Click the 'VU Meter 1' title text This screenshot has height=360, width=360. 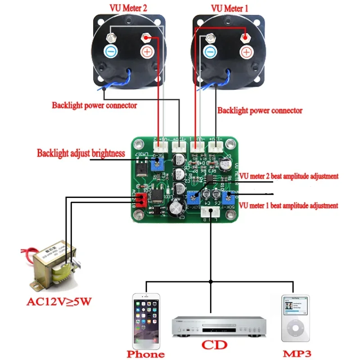pyautogui.click(x=229, y=8)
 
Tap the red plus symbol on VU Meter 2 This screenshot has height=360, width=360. pyautogui.click(x=147, y=51)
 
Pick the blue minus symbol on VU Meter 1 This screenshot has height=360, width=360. pyautogui.click(x=210, y=51)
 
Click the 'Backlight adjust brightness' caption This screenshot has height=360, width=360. pyautogui.click(x=81, y=153)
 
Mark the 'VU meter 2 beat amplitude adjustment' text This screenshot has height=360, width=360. pyautogui.click(x=288, y=176)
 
